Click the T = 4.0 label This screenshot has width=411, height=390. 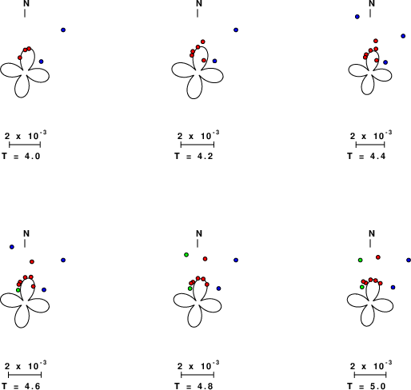(21, 156)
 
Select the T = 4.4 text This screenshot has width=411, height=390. (366, 156)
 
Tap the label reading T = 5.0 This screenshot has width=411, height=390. (366, 386)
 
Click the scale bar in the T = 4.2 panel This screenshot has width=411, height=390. (198, 145)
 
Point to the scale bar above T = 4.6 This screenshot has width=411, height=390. (25, 375)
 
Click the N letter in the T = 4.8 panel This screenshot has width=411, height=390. (199, 233)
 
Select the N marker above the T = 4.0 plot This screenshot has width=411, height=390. (26, 3)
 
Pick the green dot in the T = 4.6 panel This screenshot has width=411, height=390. (18, 290)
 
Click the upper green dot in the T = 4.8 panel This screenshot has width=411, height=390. (186, 255)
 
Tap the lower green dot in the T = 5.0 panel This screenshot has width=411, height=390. (361, 287)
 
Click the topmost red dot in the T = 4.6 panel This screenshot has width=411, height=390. (32, 262)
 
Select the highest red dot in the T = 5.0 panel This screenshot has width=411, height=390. (378, 257)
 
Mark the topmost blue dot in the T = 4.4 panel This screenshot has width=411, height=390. (357, 17)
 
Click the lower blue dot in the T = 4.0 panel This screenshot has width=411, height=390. (41, 62)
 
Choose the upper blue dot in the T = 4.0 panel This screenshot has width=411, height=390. (63, 30)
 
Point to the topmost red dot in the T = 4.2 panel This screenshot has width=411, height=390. (203, 42)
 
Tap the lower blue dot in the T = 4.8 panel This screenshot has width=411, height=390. (218, 289)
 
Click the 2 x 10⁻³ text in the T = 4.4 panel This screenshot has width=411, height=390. (371, 136)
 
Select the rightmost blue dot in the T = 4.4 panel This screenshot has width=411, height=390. (403, 36)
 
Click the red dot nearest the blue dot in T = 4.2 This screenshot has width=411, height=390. (204, 61)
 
